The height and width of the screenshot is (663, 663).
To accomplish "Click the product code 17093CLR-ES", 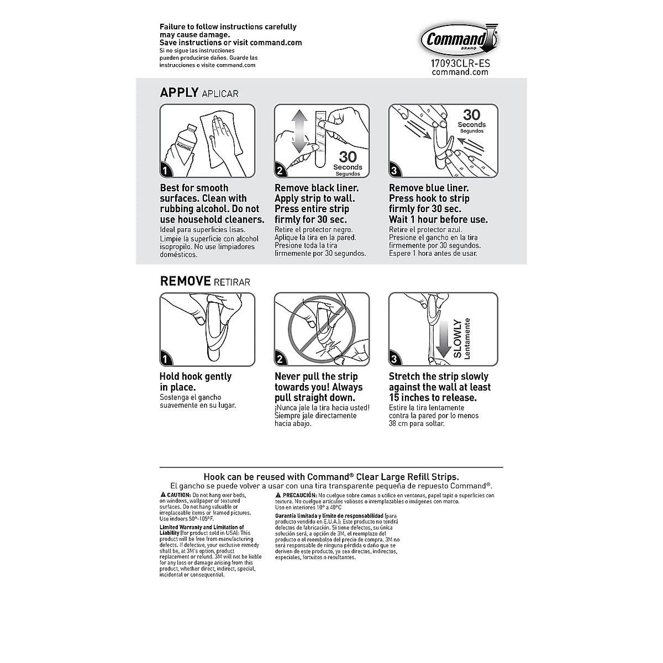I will (460, 63).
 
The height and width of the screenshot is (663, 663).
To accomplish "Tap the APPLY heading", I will (179, 92).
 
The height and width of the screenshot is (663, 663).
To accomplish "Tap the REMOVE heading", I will (185, 281).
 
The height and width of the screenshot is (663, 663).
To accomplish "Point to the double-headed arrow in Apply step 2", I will (298, 131).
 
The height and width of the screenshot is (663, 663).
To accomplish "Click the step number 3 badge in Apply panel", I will (394, 171).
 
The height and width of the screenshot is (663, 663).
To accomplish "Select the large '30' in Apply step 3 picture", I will (471, 114).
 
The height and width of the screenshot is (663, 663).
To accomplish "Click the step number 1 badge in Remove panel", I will (166, 359).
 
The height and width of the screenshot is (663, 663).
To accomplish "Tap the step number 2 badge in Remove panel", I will (280, 359).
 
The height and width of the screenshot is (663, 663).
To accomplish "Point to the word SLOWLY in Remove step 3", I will (457, 338).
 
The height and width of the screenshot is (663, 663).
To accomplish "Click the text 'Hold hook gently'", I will (196, 377).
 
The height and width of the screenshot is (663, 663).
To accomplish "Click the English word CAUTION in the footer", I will (179, 495).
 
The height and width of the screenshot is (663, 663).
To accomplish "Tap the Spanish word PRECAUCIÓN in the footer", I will (299, 495).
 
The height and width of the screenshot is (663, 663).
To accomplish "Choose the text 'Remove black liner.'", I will (317, 188).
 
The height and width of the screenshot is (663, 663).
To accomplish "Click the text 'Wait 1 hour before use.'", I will (438, 219).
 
